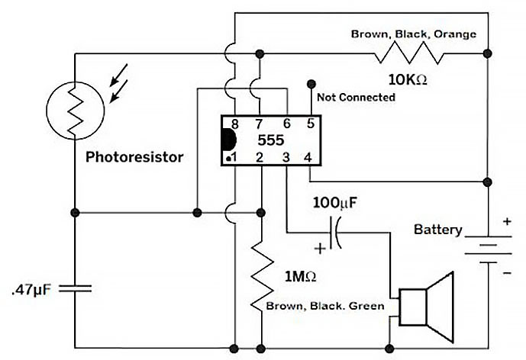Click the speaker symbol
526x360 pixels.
pos(428,304)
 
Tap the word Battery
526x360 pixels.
pos(437,229)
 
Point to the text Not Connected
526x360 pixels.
pos(355,98)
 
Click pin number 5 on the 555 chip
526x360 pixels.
pos(310,123)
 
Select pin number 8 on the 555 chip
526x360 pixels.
pos(235,123)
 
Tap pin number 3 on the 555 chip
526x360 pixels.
pos(285,157)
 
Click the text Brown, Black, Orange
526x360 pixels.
pos(413,34)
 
